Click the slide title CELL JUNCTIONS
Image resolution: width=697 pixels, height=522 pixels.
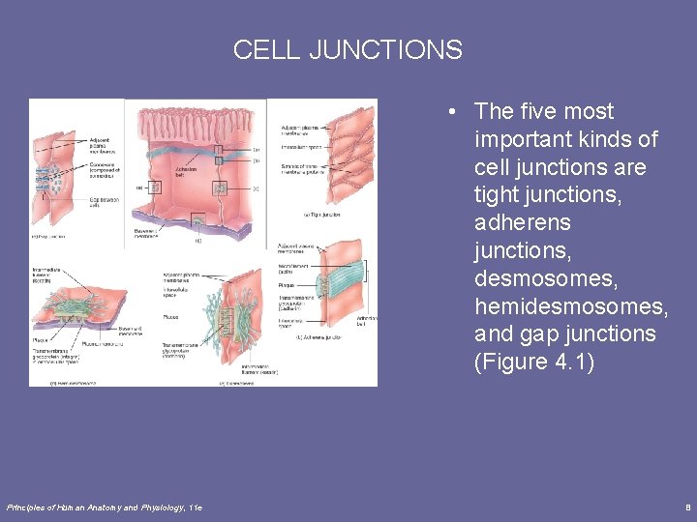[x=348, y=49]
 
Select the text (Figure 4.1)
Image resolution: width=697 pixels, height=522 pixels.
[x=535, y=362]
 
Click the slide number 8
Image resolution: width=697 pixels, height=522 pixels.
[x=685, y=507]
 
